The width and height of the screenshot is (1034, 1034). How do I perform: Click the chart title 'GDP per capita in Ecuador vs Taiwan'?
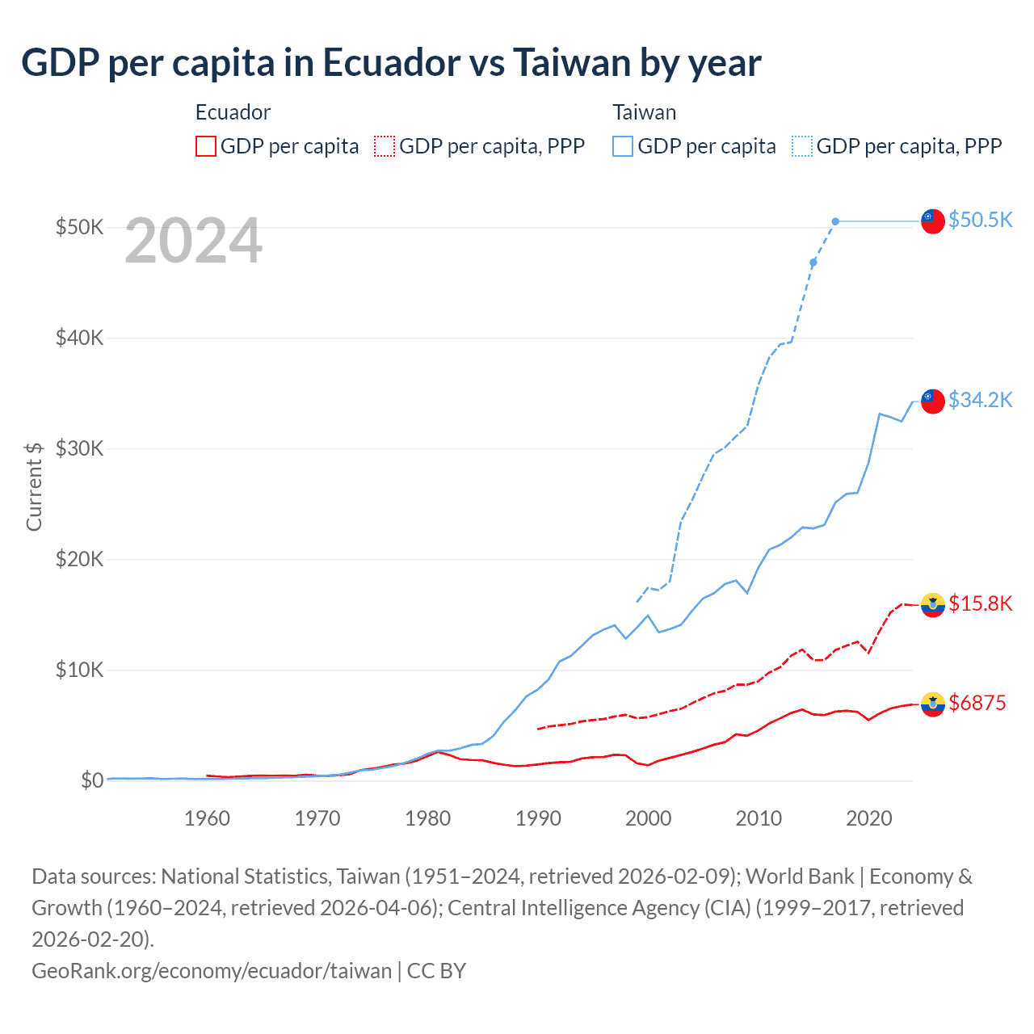391,63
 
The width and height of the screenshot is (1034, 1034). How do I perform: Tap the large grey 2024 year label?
193,241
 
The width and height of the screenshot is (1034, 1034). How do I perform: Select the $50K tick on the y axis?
79,227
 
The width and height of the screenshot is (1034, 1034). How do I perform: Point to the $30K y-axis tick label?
79,448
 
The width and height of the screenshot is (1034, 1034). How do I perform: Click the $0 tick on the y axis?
91,780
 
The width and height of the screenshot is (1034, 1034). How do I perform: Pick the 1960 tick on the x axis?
207,818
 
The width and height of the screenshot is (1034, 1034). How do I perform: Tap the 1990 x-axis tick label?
538,818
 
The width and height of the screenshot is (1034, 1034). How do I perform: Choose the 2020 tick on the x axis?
868,818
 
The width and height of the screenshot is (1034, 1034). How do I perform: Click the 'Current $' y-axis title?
34,486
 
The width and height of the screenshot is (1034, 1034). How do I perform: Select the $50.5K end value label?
980,220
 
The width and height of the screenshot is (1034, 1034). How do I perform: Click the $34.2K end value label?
980,400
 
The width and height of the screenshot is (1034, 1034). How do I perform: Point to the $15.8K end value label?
980,603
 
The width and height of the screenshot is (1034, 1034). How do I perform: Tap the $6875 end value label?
977,703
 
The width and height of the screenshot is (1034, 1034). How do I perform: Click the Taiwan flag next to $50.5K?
933,221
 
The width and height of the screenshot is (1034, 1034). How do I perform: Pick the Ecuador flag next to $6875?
933,704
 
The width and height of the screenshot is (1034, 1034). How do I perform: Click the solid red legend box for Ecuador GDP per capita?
206,146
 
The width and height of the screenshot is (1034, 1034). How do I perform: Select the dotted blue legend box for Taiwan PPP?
802,146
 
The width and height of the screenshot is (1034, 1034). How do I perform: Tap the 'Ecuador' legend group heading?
233,112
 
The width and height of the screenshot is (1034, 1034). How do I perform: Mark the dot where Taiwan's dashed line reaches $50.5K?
835,221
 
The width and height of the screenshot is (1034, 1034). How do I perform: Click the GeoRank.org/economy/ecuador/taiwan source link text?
212,970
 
